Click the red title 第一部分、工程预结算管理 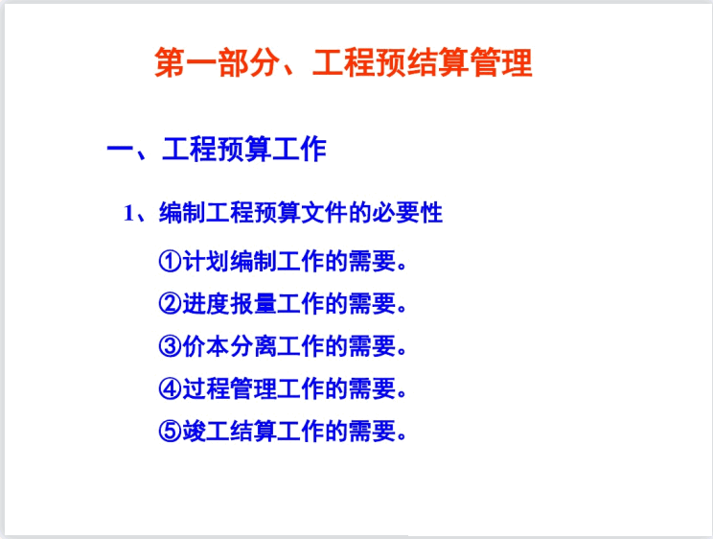[x=343, y=64]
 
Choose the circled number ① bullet [x=170, y=261]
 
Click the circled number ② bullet [x=170, y=304]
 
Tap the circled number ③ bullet [x=170, y=346]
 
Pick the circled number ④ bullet [x=170, y=388]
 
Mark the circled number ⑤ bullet [x=170, y=431]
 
